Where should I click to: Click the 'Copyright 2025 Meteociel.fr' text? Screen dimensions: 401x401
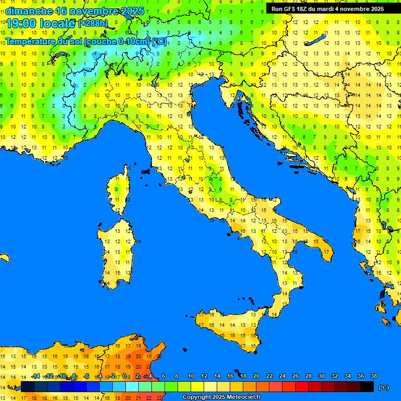(x=221, y=397)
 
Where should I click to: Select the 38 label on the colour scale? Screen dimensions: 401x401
(x=373, y=376)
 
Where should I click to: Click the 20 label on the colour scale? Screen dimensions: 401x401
(x=256, y=376)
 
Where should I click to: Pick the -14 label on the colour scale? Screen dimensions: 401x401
(x=36, y=376)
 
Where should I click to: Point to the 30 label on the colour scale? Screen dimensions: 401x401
(x=321, y=376)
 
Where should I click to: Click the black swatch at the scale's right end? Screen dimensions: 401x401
(x=367, y=387)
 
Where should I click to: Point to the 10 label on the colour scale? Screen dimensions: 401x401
(x=191, y=376)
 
